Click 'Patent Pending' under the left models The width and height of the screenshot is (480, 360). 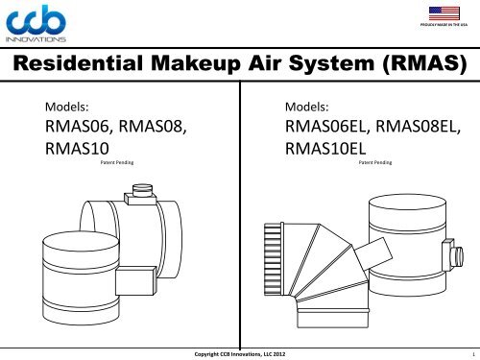click(x=116, y=164)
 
